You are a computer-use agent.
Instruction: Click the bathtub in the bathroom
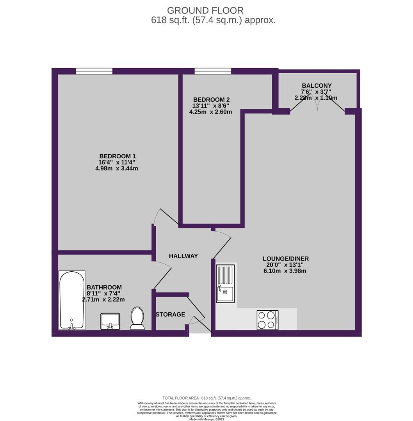coord(72,300)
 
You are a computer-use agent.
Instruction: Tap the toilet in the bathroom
coord(137,318)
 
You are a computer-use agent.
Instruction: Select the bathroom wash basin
coord(110,321)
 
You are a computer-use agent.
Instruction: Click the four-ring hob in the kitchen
coord(267,320)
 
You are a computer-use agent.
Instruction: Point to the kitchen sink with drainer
coord(225,283)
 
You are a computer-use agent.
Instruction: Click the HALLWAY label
coord(183,256)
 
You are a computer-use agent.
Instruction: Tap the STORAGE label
coord(171,315)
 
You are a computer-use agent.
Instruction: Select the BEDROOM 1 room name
coord(117,156)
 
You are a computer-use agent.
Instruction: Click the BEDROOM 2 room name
coord(211,100)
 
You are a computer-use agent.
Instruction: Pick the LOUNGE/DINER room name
coord(286,259)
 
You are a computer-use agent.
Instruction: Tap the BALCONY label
coord(317,86)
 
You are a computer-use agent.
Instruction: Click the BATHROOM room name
coord(104,287)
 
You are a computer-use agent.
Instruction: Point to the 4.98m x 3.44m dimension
coord(117,169)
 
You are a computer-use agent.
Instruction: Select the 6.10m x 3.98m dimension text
coord(285,271)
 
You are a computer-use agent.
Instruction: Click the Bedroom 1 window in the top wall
coord(94,71)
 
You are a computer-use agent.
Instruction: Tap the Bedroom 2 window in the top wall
coord(213,71)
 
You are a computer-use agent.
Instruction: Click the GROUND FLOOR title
coord(205,11)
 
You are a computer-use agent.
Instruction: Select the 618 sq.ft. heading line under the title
coord(213,20)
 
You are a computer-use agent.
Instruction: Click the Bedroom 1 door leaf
coord(170,217)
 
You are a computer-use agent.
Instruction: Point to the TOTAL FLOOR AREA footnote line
coord(206,398)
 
